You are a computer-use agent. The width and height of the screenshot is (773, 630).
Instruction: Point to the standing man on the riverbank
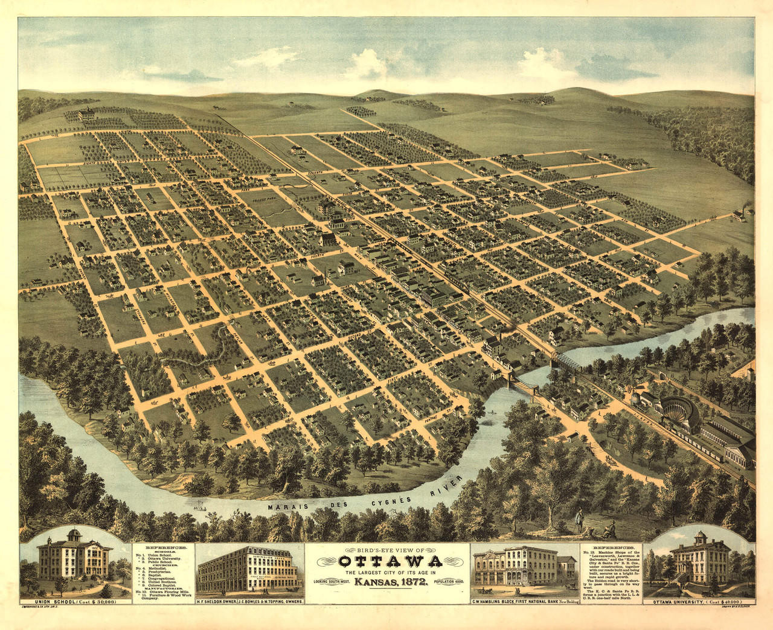(579, 516)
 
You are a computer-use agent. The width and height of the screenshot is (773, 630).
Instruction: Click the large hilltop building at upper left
(86, 114)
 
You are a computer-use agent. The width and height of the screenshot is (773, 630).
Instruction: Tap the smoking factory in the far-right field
(738, 215)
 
